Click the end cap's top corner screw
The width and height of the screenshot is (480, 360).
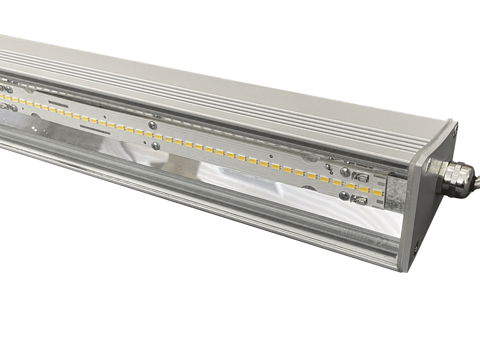pos(454,132)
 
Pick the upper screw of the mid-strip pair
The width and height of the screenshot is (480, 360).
pos(151,125)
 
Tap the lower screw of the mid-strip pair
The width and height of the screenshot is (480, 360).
pos(156,146)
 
